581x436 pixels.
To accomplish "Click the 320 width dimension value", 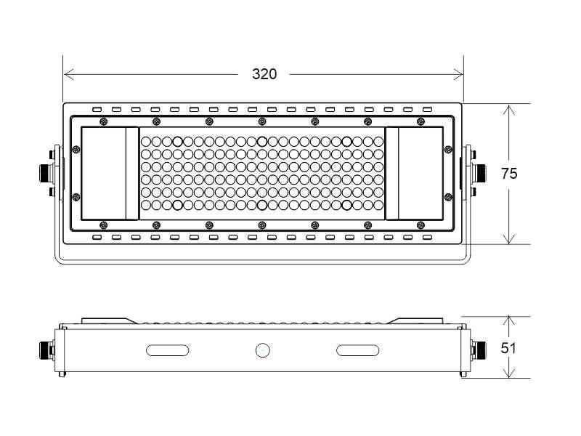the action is tap(264, 74).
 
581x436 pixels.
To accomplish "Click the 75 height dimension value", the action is tap(509, 174).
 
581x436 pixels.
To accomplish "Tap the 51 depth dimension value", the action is tap(508, 348).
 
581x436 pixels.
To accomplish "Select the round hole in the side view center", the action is tap(263, 350).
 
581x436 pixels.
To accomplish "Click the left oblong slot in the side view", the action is tap(168, 350).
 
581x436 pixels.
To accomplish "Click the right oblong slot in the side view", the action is tap(357, 350).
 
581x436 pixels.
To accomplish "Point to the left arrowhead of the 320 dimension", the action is tap(69, 74).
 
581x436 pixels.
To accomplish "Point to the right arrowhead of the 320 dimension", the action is tap(458, 74).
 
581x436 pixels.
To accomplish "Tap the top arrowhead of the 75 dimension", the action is tap(509, 110).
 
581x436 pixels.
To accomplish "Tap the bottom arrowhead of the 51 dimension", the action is tap(509, 372).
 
